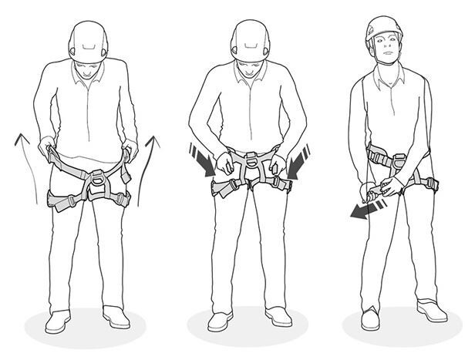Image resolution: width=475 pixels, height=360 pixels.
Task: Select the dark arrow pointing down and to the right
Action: click(200, 159)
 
